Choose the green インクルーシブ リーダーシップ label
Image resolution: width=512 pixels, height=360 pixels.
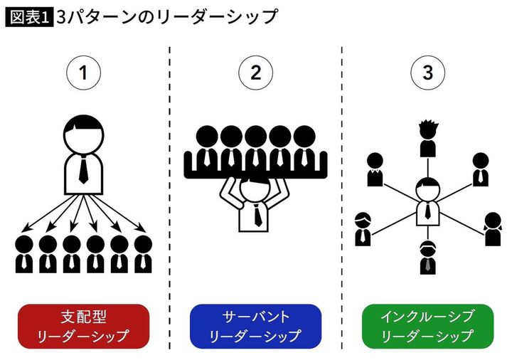click(x=427, y=326)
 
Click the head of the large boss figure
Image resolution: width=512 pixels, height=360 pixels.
click(x=84, y=132)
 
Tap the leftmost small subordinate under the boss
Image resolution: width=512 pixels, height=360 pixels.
click(x=24, y=254)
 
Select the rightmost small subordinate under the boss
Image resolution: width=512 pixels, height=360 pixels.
click(x=143, y=254)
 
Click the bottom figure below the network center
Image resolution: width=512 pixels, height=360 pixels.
click(x=427, y=258)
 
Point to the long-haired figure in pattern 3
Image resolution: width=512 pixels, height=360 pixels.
click(x=491, y=229)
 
